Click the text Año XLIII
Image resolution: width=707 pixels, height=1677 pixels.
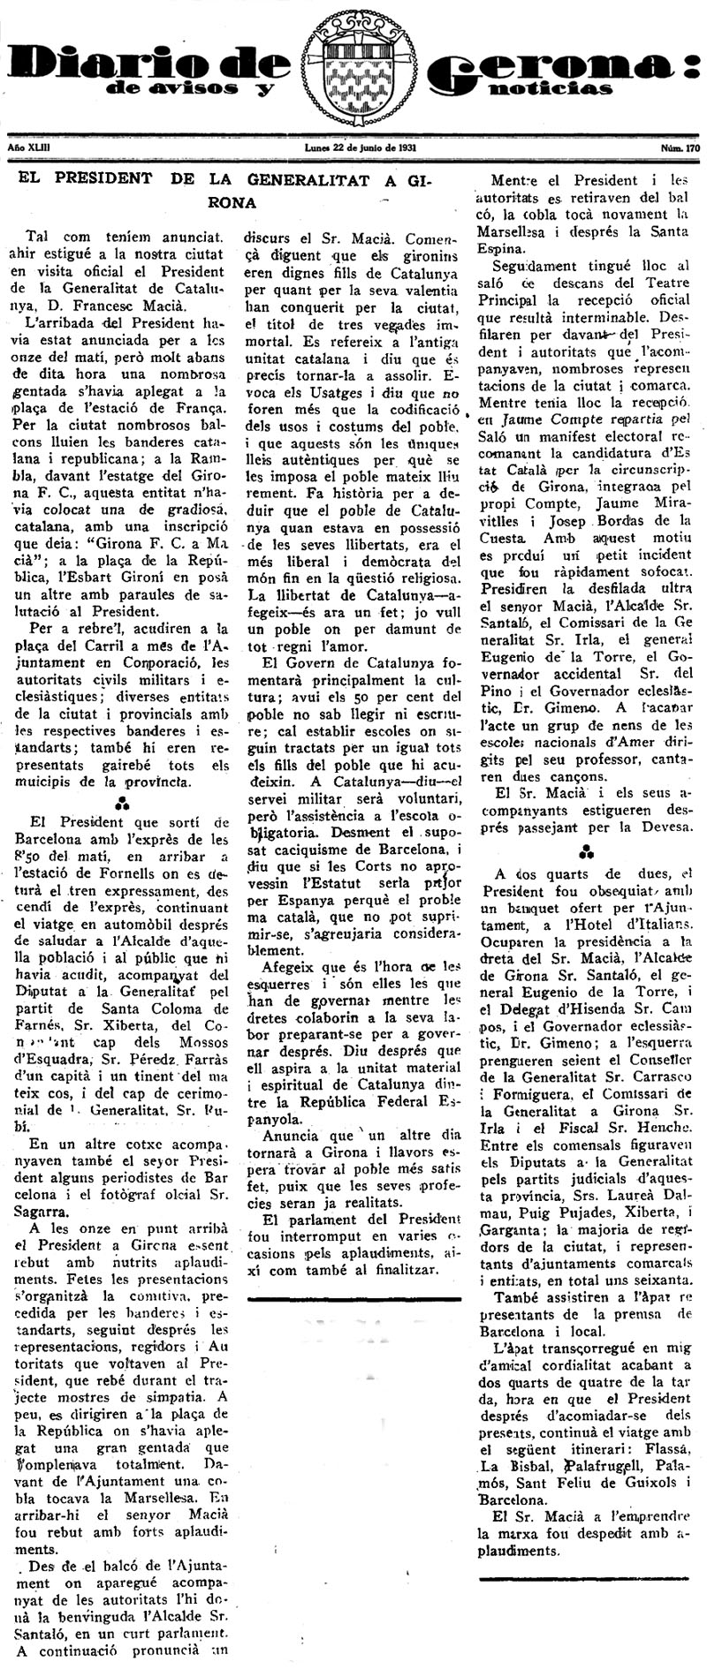coord(27,148)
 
